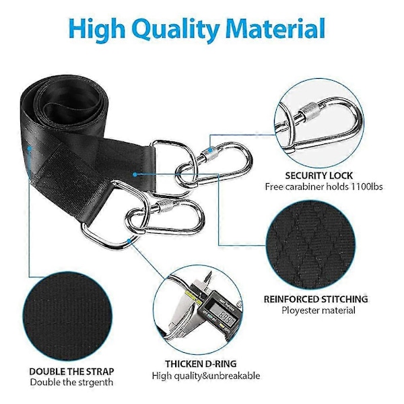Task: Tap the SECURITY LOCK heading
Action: tap(318, 176)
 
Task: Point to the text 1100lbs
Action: tap(367, 187)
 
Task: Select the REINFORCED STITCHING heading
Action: tap(316, 299)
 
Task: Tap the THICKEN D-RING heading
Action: tap(201, 364)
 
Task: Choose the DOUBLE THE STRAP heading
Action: tap(71, 372)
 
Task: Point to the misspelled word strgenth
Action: tap(96, 382)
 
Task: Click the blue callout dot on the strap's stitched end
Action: tap(135, 174)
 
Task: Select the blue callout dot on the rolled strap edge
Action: tap(30, 148)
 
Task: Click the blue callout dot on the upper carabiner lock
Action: tap(211, 149)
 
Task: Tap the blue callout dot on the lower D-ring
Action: tap(129, 241)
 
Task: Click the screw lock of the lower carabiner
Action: tap(163, 205)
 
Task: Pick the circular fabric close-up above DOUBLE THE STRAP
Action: tap(67, 316)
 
